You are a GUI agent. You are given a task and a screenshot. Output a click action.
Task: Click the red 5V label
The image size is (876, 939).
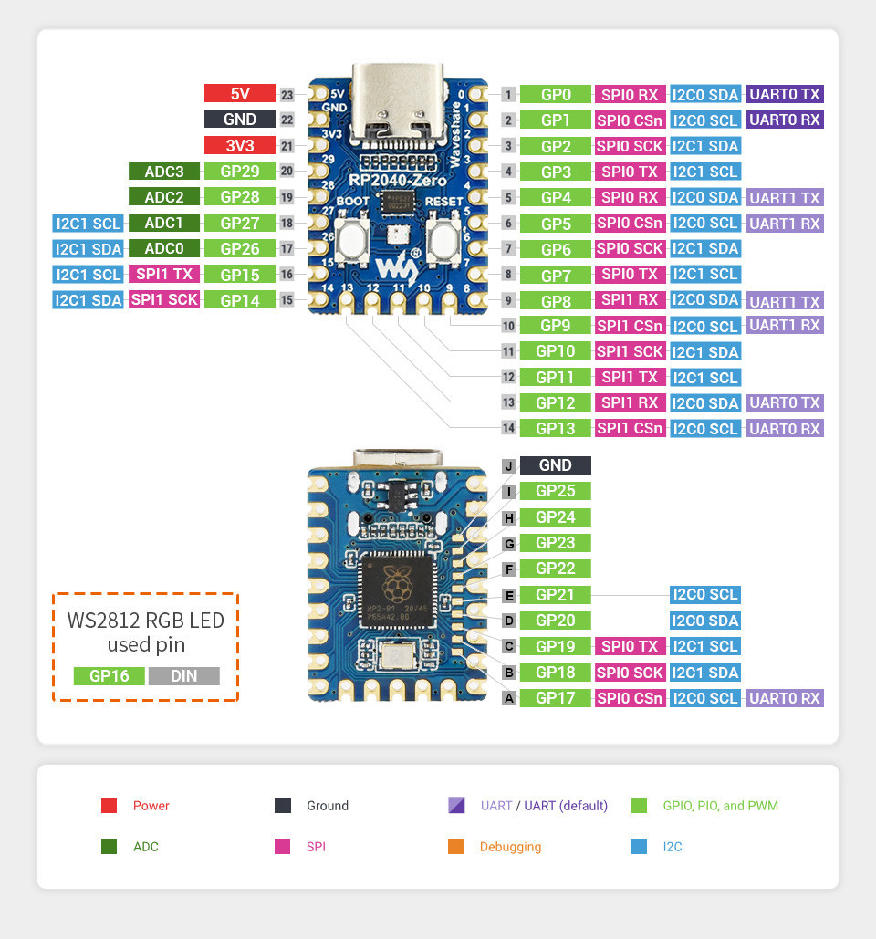click(239, 93)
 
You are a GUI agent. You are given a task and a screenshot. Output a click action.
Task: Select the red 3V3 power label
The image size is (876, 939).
click(239, 145)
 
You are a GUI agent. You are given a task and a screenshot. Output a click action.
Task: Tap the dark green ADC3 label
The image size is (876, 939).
click(163, 171)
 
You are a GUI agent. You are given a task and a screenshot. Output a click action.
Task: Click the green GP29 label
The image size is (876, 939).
click(239, 171)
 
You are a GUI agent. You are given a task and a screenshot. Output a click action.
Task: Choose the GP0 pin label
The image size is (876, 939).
click(556, 94)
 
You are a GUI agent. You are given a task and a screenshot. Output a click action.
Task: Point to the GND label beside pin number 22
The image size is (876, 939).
click(239, 119)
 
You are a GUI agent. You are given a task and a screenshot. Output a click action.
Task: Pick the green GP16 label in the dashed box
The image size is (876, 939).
click(109, 676)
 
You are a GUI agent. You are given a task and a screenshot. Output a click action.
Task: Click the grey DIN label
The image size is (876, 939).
click(183, 676)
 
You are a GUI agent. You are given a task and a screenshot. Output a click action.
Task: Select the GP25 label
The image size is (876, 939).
click(556, 491)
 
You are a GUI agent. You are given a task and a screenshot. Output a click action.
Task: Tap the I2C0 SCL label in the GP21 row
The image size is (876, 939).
click(704, 595)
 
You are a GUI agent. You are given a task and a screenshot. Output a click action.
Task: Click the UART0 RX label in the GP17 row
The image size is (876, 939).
click(785, 698)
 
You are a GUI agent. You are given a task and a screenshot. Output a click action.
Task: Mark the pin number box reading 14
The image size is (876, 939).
click(509, 428)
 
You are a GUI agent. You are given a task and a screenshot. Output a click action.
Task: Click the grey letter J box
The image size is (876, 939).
click(509, 465)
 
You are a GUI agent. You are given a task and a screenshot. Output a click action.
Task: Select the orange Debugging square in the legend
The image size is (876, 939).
click(456, 847)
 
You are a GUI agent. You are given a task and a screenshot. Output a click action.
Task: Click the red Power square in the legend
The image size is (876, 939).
click(109, 806)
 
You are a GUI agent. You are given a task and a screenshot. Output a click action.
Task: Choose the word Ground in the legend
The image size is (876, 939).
click(328, 806)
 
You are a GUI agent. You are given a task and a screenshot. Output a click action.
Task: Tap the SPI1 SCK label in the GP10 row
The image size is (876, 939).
click(630, 351)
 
